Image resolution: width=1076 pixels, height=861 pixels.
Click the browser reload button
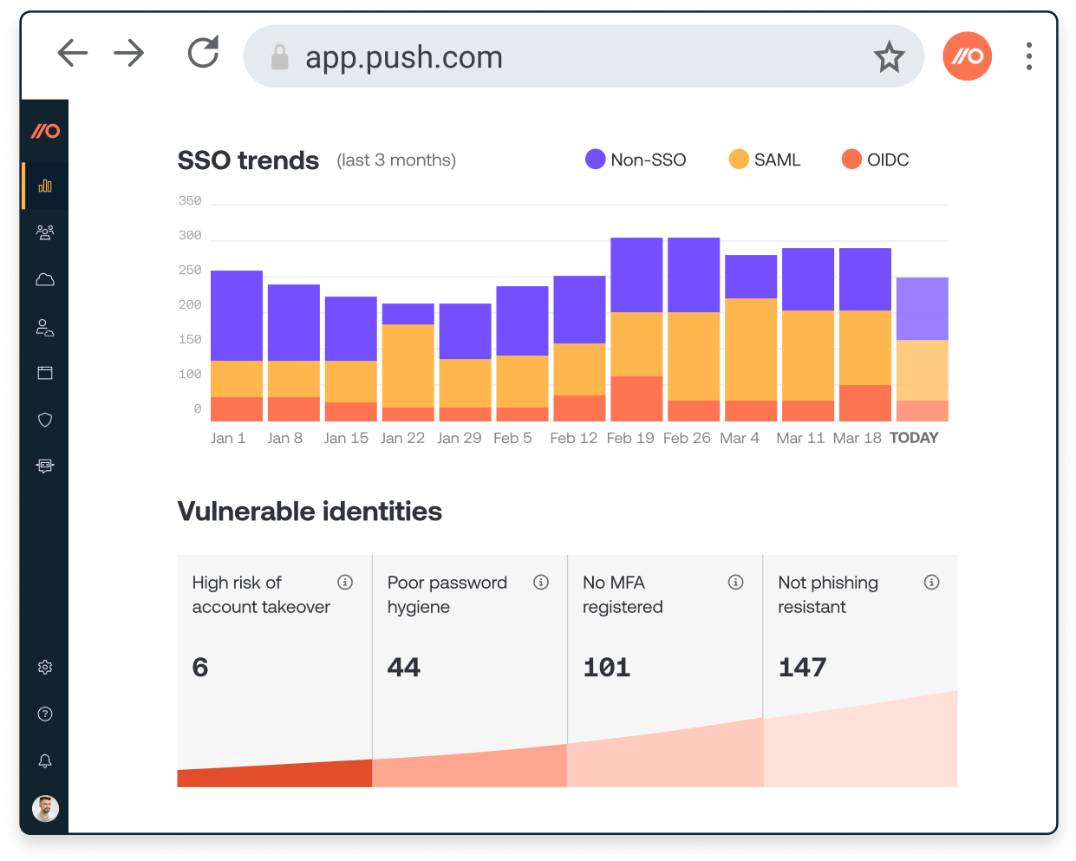tap(204, 53)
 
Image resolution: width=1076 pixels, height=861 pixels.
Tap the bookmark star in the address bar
tap(889, 57)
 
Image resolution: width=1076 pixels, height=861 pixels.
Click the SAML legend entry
tap(765, 160)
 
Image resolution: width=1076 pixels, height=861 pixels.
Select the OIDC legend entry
tap(876, 160)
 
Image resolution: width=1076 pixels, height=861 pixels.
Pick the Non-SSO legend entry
tap(636, 160)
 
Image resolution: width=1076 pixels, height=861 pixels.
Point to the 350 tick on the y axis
tap(190, 201)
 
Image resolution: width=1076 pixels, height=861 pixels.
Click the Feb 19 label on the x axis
tap(630, 438)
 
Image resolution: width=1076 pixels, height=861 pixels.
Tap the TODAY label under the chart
tap(914, 438)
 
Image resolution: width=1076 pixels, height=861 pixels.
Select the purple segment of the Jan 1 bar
tap(237, 316)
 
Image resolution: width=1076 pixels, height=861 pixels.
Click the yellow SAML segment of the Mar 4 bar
tap(751, 349)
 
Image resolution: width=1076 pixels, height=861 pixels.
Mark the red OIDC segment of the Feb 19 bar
tap(636, 399)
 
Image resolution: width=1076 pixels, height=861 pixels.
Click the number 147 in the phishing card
tap(802, 667)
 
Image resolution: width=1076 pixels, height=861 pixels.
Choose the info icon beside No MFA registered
tap(736, 582)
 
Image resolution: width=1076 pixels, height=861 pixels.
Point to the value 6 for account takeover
tap(200, 667)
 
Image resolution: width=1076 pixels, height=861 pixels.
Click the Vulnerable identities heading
tap(310, 512)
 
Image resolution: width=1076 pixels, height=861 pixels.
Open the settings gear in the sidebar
tap(45, 667)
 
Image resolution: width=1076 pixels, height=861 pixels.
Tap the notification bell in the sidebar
tap(45, 760)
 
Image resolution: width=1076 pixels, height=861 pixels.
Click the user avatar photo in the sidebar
tap(45, 808)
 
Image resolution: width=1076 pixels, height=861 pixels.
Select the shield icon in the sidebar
tap(45, 420)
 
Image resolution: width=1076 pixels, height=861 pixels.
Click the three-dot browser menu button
tap(1029, 56)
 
